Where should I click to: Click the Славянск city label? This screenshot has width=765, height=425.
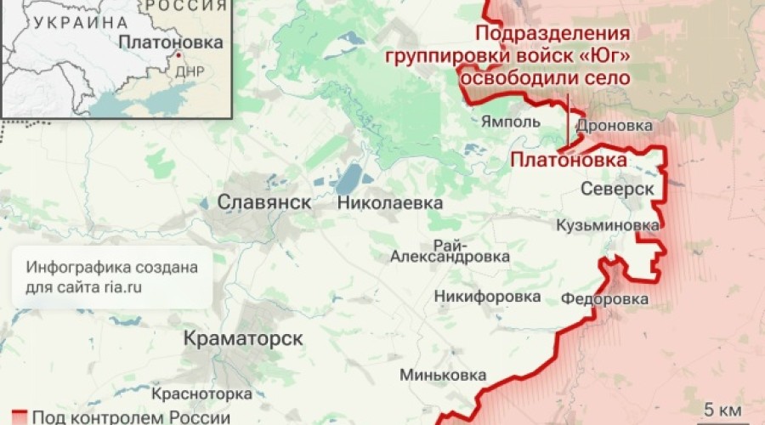click(264, 203)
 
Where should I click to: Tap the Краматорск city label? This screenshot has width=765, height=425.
click(243, 338)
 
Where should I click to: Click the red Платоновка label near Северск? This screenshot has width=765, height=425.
click(568, 160)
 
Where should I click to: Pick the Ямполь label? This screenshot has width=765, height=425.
click(510, 122)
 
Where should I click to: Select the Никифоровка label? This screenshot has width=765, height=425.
click(487, 297)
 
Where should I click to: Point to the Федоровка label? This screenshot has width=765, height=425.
click(604, 299)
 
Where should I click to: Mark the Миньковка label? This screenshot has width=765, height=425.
click(445, 376)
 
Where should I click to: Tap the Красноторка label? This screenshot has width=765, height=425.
click(201, 394)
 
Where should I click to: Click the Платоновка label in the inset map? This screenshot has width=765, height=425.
click(171, 42)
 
